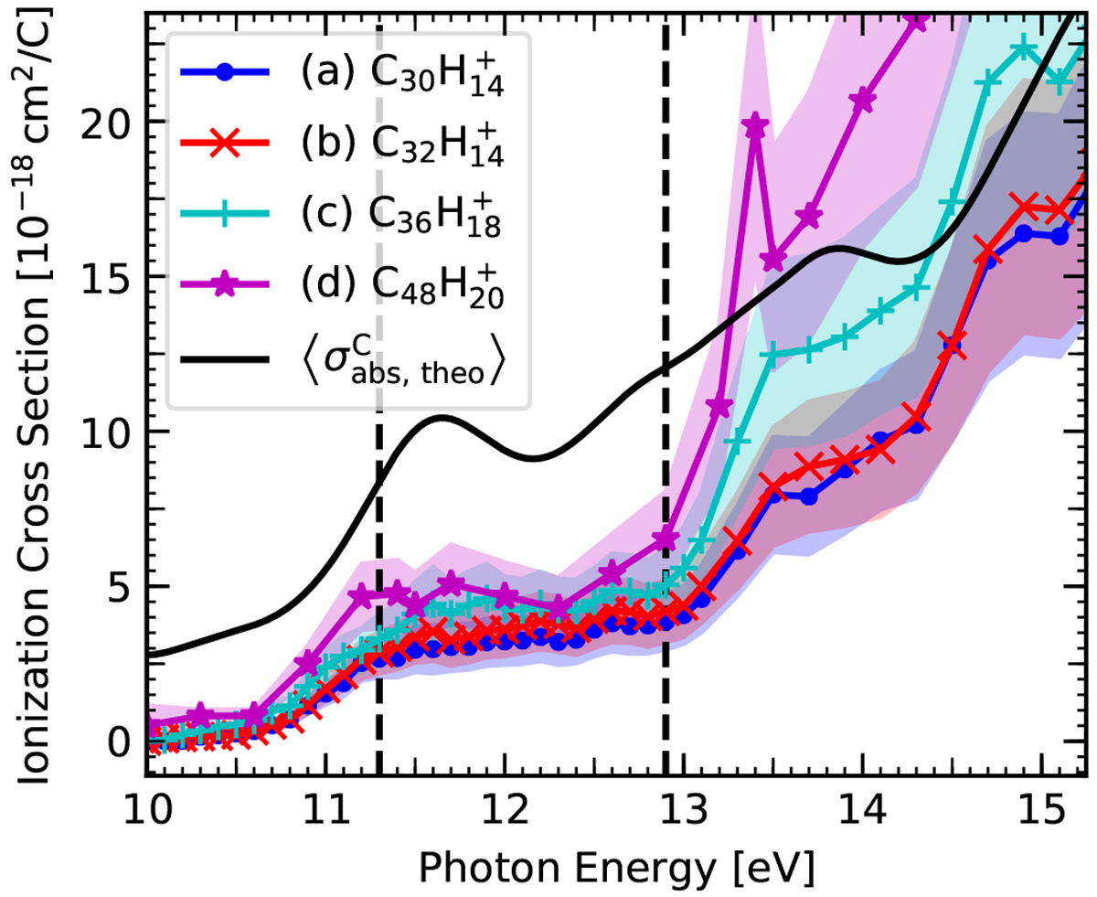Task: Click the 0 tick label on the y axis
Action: tap(119, 741)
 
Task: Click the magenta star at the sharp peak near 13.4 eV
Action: tap(755, 127)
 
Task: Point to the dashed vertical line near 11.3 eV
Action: tap(378, 640)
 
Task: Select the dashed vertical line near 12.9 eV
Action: tap(666, 274)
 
